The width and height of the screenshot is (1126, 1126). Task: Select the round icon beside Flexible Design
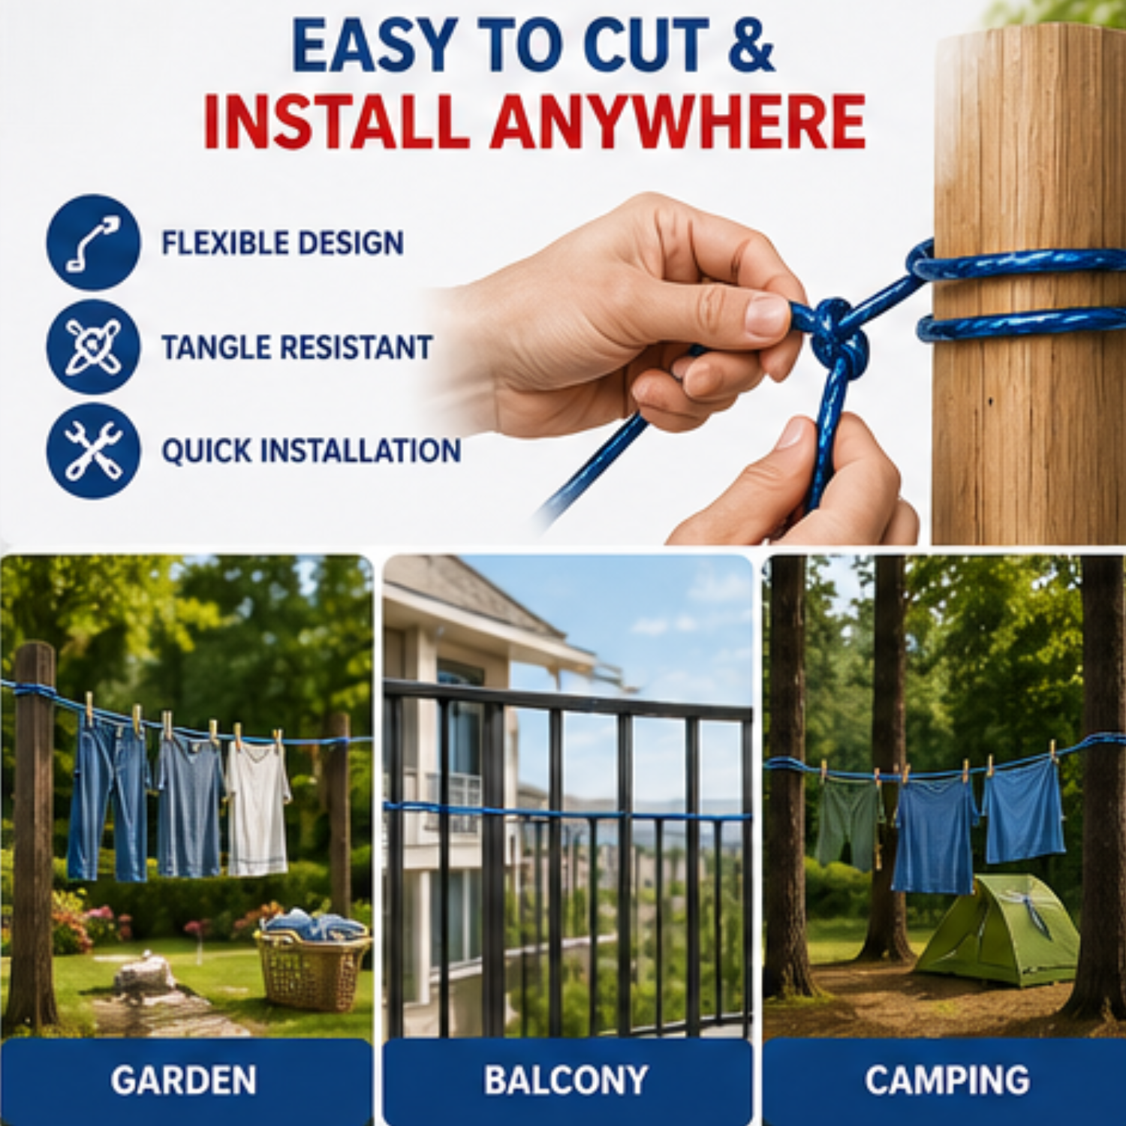93,242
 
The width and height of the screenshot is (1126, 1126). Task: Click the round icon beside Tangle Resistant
93,347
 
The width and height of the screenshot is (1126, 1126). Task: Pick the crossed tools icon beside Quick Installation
93,450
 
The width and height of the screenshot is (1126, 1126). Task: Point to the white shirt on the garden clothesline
257,809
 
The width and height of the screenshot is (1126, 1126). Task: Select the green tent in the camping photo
998,931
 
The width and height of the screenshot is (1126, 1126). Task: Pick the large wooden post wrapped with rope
1028,285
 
